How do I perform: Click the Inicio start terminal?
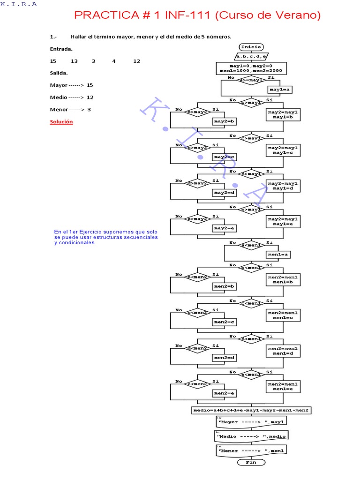pyautogui.click(x=251, y=47)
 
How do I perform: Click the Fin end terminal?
pyautogui.click(x=251, y=462)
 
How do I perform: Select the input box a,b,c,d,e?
pyautogui.click(x=251, y=56)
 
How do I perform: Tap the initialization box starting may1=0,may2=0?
pyautogui.click(x=251, y=68)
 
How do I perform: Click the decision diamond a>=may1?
pyautogui.click(x=251, y=81)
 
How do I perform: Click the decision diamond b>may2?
pyautogui.click(x=197, y=112)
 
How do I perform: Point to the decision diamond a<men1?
pyautogui.click(x=251, y=246)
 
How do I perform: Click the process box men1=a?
pyautogui.click(x=279, y=255)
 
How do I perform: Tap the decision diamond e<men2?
pyautogui.click(x=197, y=384)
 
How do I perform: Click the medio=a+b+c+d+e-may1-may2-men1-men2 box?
pyautogui.click(x=251, y=410)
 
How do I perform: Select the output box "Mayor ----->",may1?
pyautogui.click(x=251, y=422)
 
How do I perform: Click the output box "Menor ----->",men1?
pyautogui.click(x=251, y=450)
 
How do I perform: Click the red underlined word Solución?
pyautogui.click(x=61, y=122)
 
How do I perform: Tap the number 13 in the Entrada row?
pyautogui.click(x=74, y=61)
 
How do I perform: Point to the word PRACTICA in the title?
pyautogui.click(x=104, y=16)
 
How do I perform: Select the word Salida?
pyautogui.click(x=59, y=73)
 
